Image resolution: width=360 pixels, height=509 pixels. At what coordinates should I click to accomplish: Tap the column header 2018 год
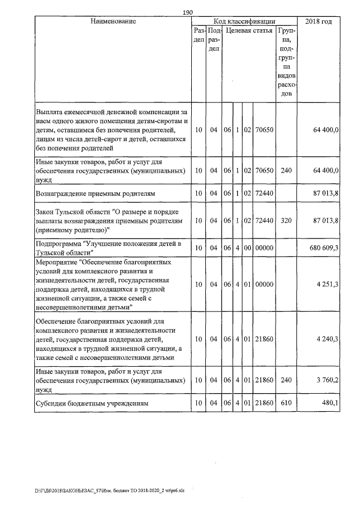point(318,21)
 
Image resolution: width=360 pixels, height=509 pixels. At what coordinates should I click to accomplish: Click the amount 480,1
point(330,403)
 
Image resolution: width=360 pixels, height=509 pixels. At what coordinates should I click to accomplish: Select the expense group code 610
point(286,403)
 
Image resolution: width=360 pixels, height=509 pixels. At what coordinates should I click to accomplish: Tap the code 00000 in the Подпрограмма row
point(264,247)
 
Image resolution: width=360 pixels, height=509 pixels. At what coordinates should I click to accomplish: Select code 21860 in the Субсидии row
point(264,403)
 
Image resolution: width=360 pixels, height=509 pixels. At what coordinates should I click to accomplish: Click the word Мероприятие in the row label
point(56,262)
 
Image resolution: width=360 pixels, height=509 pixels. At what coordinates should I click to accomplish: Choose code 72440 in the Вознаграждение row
point(264,193)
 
